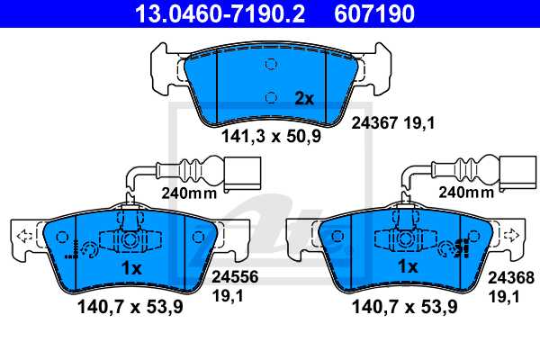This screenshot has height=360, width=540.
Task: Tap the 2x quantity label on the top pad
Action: point(304,99)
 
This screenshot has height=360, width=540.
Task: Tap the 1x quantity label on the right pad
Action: point(407,268)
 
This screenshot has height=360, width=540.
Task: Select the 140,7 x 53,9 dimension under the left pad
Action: point(127,308)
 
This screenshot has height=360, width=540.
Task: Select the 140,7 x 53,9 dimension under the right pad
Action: point(402,308)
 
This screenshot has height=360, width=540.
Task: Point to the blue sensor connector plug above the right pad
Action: point(517,172)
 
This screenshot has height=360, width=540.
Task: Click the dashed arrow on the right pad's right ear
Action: point(512,236)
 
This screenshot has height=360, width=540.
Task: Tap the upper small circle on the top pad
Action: point(271,64)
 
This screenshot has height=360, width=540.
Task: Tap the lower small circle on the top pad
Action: point(271,97)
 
